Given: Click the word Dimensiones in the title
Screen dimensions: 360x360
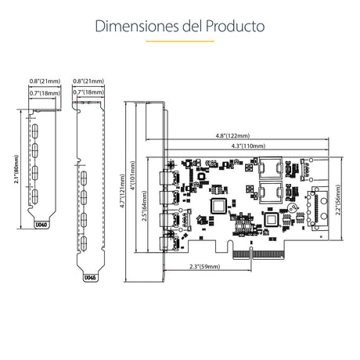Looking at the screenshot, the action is tap(137, 26).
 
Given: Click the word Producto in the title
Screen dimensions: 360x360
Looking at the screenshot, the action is tap(235, 26).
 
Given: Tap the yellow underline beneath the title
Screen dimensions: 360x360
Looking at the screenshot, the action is tap(180, 41).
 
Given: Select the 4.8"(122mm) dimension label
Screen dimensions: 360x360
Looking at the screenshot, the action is tap(232, 135).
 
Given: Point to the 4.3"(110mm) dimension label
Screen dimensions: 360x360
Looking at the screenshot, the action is tap(248, 146).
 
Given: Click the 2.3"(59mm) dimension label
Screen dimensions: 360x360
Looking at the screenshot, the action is tap(204, 267).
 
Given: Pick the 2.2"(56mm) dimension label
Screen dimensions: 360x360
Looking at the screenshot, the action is tap(339, 200).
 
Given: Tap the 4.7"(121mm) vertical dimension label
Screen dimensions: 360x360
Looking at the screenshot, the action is tap(122, 191).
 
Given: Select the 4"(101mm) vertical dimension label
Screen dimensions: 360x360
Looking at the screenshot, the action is tap(133, 175).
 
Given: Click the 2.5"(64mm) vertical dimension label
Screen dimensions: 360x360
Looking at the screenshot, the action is tap(144, 206).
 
